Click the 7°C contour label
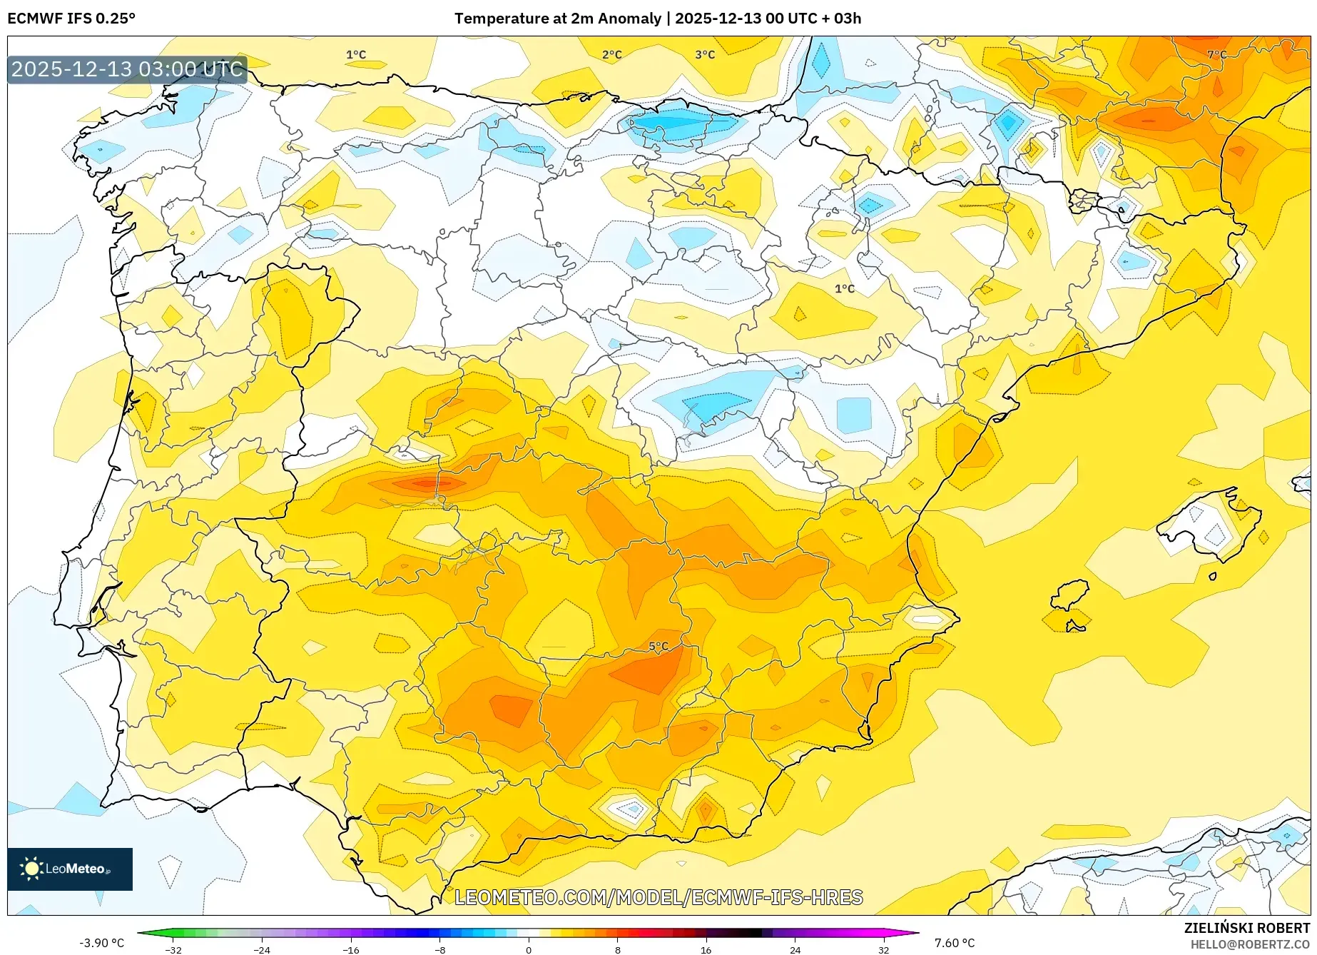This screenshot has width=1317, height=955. (x=1216, y=54)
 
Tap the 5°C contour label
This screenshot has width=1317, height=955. (x=658, y=647)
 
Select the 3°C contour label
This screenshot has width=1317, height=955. (x=705, y=54)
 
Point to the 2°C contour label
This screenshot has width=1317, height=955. (x=611, y=54)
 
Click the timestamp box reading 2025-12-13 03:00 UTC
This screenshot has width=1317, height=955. (x=128, y=69)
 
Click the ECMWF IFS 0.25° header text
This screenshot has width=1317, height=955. (x=71, y=19)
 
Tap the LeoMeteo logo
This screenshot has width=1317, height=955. (x=70, y=869)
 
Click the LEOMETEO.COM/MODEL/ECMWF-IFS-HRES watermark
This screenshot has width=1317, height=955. (x=658, y=897)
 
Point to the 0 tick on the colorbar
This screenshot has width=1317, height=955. (x=529, y=949)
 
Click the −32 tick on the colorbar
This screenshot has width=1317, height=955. (x=173, y=949)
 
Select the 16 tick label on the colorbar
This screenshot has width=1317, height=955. (x=706, y=949)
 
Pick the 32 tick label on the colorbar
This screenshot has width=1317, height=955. (x=883, y=949)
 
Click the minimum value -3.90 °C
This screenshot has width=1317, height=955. (x=101, y=943)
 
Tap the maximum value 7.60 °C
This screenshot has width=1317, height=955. (x=955, y=943)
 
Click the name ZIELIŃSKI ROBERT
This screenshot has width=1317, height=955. (x=1247, y=928)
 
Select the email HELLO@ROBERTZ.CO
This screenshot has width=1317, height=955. (x=1249, y=944)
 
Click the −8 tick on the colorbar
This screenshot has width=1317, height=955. (x=440, y=949)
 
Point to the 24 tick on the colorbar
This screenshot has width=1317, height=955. (x=795, y=949)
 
